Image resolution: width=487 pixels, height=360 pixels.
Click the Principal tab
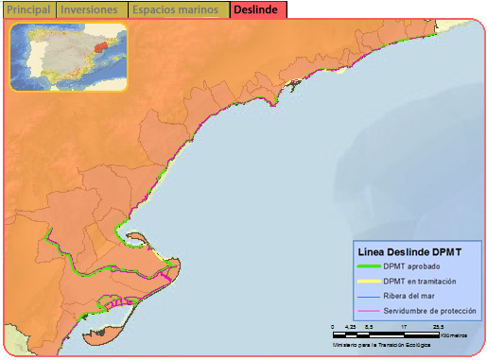coord(28,9)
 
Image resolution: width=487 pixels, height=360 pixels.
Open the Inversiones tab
coord(90,9)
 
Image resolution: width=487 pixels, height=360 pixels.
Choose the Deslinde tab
coord(254,9)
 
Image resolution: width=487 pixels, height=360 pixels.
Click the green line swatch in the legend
coord(368,267)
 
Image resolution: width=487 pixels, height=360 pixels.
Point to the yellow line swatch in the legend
coord(368,282)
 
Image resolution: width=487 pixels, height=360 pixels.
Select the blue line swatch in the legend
coord(368,296)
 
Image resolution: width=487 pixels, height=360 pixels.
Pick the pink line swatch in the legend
coord(368,311)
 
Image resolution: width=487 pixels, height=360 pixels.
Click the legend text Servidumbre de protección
coord(430,311)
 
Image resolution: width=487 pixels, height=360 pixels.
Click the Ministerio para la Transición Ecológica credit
coord(382,344)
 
